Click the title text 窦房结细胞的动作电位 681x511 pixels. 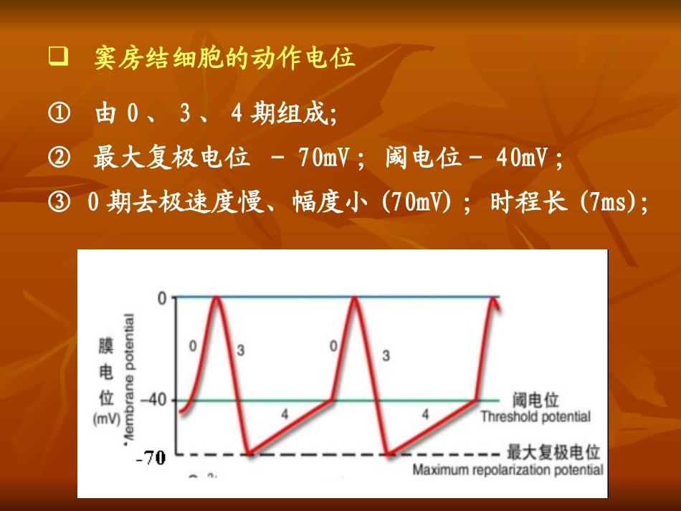pos(224,58)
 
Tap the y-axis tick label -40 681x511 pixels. pos(158,400)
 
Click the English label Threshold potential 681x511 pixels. pos(535,416)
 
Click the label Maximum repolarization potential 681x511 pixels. pos(508,470)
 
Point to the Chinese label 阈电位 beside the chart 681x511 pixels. pos(535,400)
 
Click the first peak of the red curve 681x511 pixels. pos(216,298)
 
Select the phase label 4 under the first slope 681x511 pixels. pos(285,414)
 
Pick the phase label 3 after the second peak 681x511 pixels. pos(386,355)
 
